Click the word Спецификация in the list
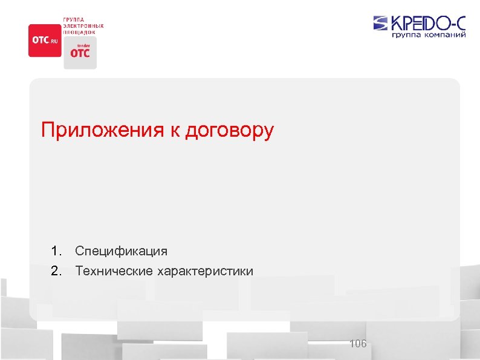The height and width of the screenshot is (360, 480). (121, 250)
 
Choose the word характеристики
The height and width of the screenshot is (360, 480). (205, 270)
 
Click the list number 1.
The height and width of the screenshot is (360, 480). (56, 250)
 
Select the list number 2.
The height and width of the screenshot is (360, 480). (56, 270)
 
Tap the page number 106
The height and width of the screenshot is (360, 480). (358, 344)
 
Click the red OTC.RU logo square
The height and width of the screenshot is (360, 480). (45, 41)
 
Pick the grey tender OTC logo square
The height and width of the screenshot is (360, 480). (80, 53)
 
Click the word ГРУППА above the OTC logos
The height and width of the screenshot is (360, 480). (74, 20)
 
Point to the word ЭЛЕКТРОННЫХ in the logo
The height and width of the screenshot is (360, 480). (83, 26)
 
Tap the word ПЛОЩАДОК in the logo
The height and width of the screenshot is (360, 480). (79, 32)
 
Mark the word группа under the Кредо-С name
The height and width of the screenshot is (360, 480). (406, 35)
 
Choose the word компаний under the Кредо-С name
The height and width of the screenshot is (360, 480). (445, 35)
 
